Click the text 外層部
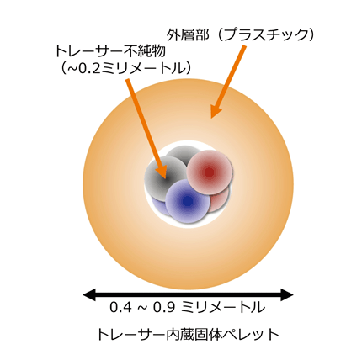[189, 35]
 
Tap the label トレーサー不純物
[110, 51]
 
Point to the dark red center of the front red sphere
[209, 172]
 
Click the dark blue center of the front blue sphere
[188, 201]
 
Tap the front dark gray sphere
[165, 177]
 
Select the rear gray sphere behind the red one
[181, 153]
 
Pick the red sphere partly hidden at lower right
[220, 200]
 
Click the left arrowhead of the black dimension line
[89, 294]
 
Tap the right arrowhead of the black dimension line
[287, 294]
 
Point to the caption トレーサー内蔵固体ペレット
[188, 334]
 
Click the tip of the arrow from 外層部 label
[211, 118]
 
